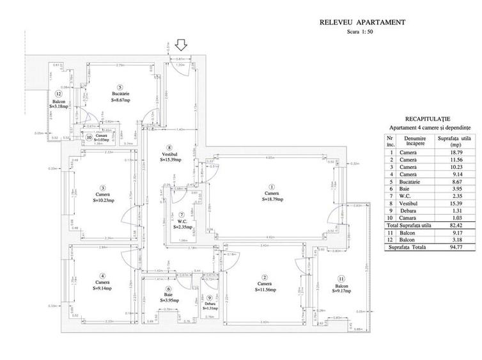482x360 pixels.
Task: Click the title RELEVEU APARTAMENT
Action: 362,22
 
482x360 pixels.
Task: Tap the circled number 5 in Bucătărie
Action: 120,87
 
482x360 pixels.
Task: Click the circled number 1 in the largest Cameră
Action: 272,187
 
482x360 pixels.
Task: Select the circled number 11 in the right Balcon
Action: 341,279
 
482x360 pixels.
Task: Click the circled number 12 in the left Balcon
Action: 58,94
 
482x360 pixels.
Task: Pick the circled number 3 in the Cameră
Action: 102,187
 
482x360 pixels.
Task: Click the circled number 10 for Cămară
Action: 90,135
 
